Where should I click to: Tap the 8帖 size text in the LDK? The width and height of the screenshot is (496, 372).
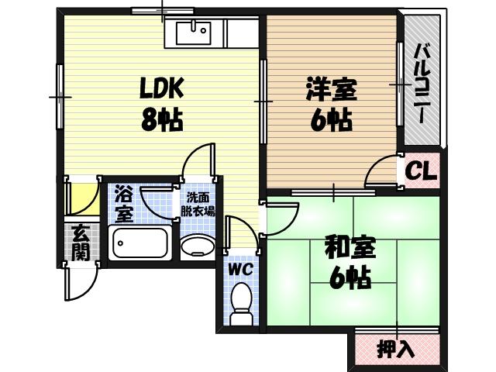(x=162, y=119)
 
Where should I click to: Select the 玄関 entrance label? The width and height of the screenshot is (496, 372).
(x=79, y=243)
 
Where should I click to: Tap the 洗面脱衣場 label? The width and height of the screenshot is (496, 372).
(x=200, y=203)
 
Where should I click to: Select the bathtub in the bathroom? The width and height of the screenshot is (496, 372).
(x=142, y=246)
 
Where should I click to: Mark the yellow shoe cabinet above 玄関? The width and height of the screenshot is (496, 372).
(x=81, y=198)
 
